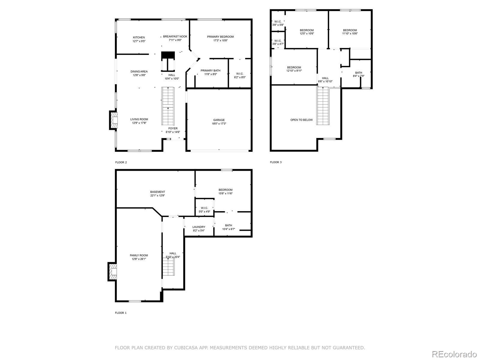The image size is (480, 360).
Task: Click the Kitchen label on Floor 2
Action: tap(139, 37)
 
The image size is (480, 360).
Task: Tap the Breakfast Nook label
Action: tap(175, 36)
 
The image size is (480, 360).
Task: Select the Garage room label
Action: tap(219, 120)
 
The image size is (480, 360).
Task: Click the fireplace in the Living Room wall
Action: tap(113, 121)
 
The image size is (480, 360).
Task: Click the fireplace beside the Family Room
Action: tap(112, 272)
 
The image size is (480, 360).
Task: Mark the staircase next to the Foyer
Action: tap(168, 106)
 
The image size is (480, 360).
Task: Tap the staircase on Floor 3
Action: tap(323, 106)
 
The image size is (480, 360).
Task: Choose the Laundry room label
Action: tap(199, 227)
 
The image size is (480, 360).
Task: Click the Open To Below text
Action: tap(301, 120)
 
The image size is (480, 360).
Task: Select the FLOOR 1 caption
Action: tap(121, 313)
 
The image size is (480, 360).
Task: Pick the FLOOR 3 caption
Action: tap(276, 162)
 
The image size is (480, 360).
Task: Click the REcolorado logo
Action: tap(454, 354)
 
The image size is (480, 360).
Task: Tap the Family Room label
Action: tap(139, 255)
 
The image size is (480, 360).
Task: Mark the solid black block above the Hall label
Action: tap(168, 55)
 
